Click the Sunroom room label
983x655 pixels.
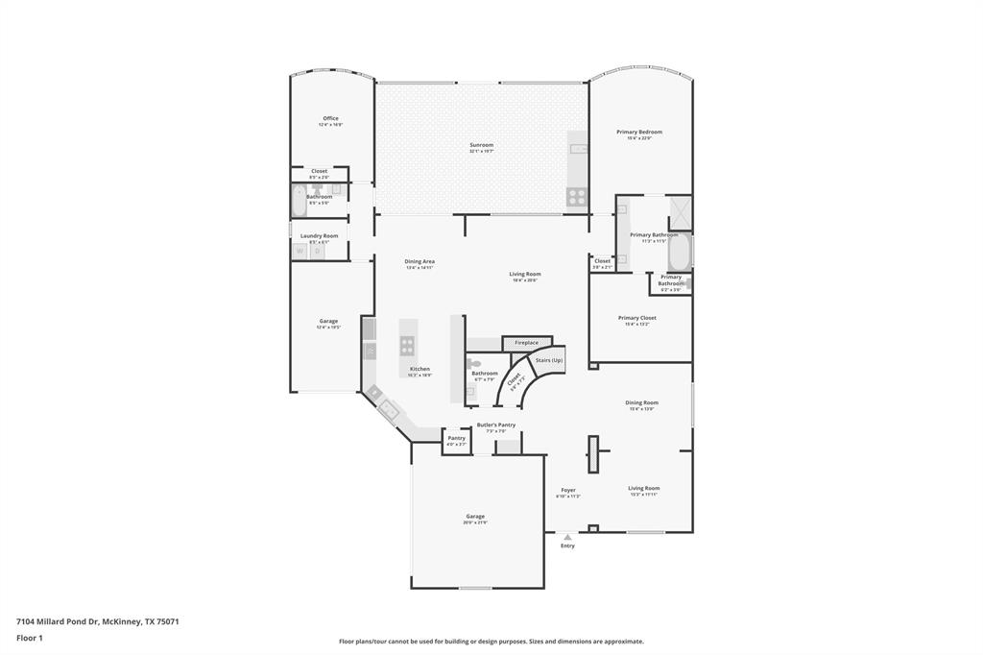(481, 146)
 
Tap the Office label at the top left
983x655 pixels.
(330, 119)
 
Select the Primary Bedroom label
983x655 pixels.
(639, 133)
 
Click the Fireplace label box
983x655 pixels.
(526, 342)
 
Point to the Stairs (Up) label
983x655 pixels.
(549, 360)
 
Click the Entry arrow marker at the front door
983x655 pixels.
(567, 538)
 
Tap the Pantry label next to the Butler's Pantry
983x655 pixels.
(456, 439)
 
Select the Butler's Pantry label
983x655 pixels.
(496, 425)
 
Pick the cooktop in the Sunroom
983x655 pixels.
(577, 196)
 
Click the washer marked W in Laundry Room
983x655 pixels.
(300, 251)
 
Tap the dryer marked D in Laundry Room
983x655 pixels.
(317, 251)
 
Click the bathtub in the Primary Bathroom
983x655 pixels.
(680, 251)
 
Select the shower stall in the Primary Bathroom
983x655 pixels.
(680, 209)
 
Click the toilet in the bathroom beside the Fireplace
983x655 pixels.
(470, 363)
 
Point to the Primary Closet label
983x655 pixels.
(637, 318)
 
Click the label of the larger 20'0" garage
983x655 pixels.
(475, 517)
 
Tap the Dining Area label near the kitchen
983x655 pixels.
(420, 261)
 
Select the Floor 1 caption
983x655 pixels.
(30, 638)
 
